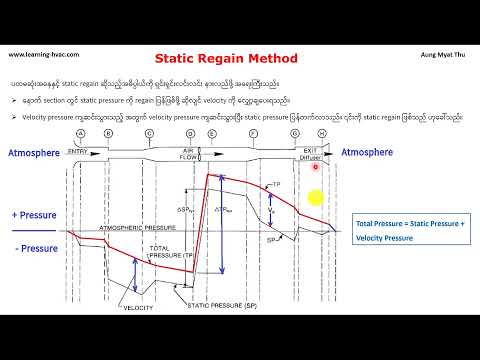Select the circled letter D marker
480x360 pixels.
tap(190, 133)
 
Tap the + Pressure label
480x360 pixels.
tap(33, 216)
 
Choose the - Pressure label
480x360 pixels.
tap(33, 248)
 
